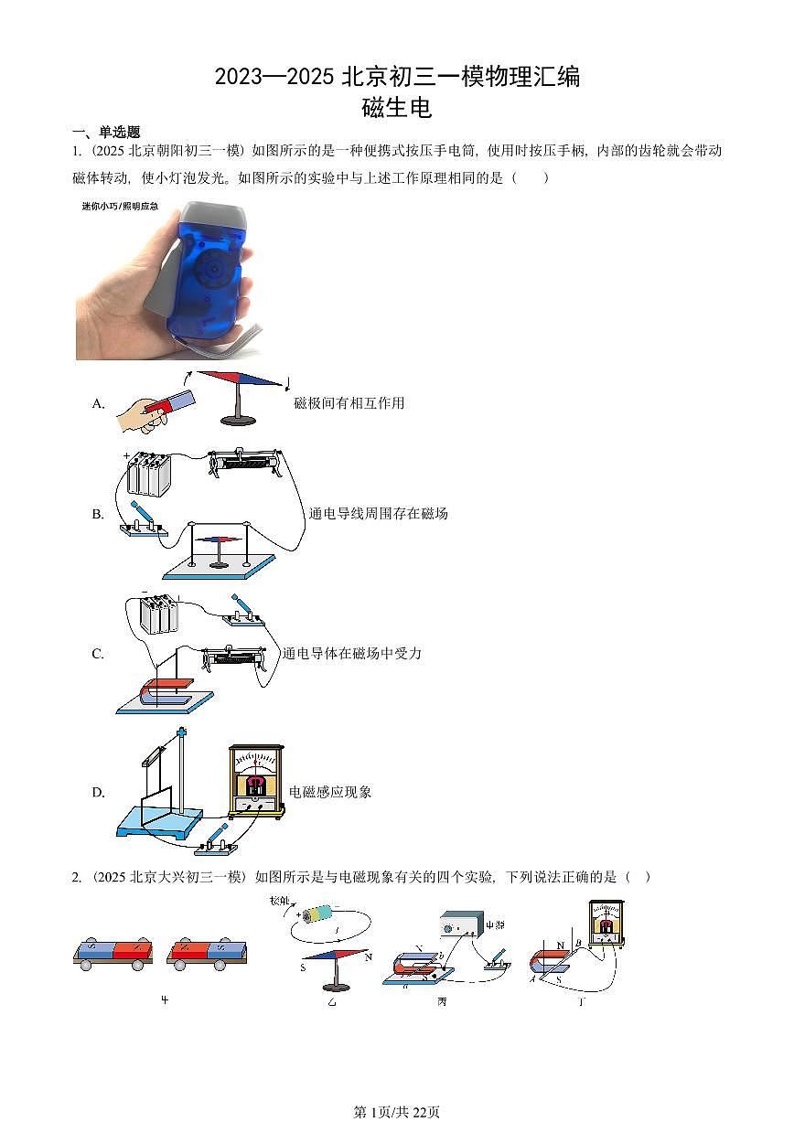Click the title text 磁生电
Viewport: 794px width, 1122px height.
point(396,108)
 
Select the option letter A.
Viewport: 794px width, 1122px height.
point(99,403)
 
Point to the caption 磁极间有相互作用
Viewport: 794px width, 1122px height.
point(349,403)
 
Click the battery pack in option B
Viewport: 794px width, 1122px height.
point(148,475)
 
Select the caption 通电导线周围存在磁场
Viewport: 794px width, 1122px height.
point(378,514)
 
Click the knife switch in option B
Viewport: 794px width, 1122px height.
point(143,522)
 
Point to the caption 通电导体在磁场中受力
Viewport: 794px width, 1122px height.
point(352,654)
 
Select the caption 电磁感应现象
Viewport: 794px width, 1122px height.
point(330,792)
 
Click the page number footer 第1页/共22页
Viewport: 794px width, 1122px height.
point(396,1112)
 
